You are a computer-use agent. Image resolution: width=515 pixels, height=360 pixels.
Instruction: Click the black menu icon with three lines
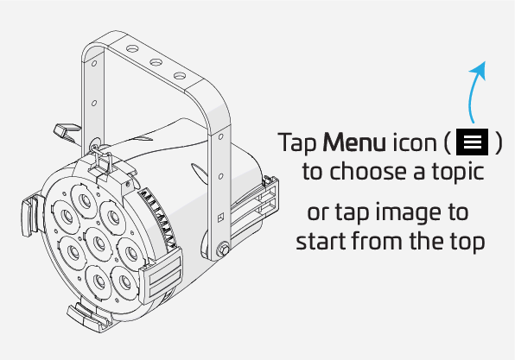[473, 142]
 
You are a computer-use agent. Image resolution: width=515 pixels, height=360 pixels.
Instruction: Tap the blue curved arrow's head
[479, 69]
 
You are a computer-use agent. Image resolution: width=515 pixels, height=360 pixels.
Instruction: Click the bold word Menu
[354, 142]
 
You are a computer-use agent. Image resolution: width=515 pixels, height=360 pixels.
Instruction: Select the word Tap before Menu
[297, 143]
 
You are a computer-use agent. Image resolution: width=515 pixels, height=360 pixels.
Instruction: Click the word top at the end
[466, 243]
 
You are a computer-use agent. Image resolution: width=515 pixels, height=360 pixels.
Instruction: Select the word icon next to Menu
[415, 142]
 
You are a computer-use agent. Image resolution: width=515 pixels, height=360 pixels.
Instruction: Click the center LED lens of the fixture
[99, 243]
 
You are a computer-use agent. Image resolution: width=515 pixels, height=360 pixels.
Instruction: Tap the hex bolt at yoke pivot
[223, 249]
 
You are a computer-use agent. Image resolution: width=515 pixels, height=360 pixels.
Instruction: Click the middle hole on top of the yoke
[156, 62]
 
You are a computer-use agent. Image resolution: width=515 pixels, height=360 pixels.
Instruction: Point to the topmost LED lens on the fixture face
[85, 199]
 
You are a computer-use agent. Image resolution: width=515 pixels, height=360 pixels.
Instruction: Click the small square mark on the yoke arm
[220, 218]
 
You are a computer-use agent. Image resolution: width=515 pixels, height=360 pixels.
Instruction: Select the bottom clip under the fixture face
[89, 316]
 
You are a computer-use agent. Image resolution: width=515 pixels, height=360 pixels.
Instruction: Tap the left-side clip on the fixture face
[31, 214]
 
